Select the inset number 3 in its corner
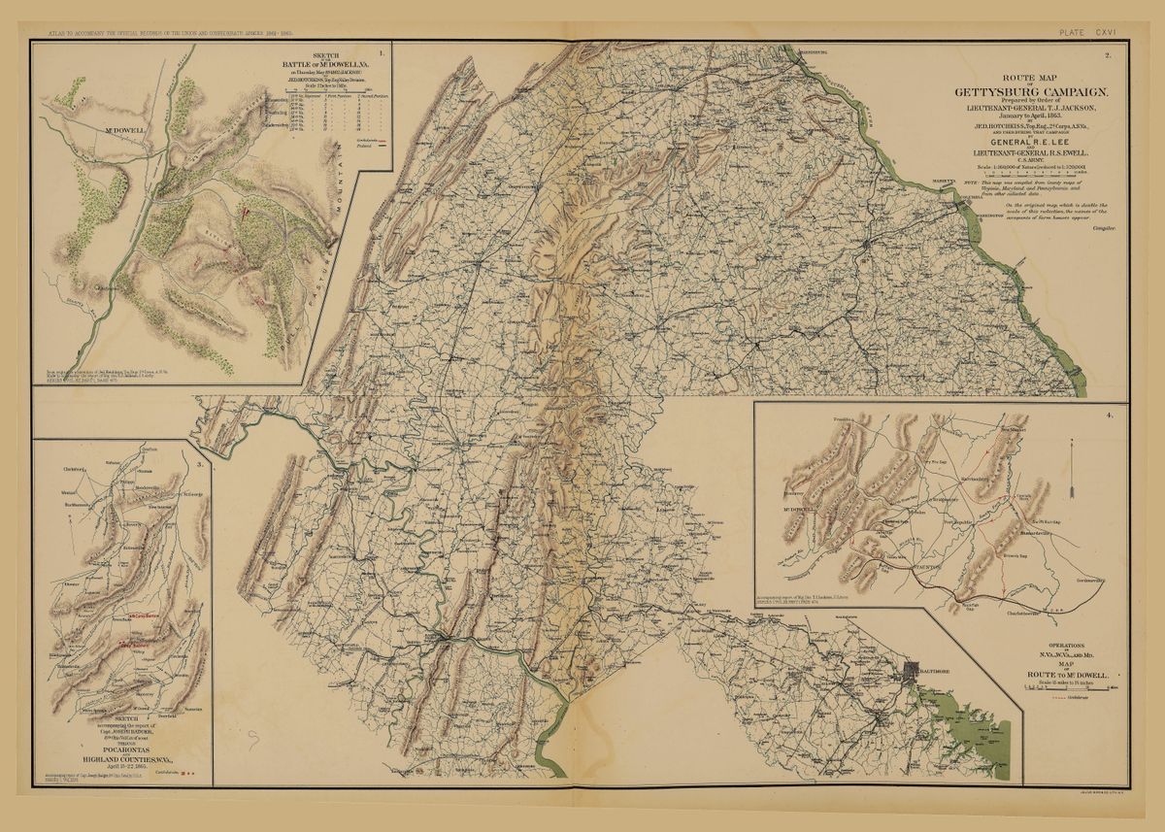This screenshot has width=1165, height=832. (200, 463)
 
